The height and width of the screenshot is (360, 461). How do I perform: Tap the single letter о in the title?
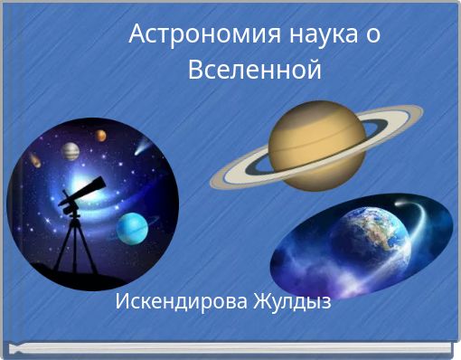372,36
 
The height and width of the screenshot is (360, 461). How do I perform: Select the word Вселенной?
255,69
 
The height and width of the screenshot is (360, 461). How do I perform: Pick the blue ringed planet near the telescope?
132,225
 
